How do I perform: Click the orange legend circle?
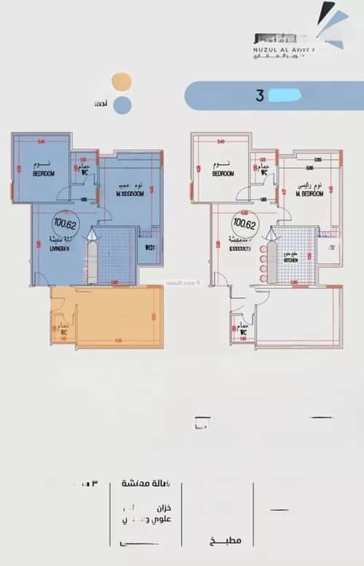[122, 81]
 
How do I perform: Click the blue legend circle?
[122, 105]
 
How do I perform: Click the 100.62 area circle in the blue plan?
[63, 219]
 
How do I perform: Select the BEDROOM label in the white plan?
[223, 175]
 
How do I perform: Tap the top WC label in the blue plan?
[84, 173]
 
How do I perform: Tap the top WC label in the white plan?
[264, 173]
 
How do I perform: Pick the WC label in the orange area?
[65, 331]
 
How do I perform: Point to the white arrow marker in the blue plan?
[92, 234]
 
